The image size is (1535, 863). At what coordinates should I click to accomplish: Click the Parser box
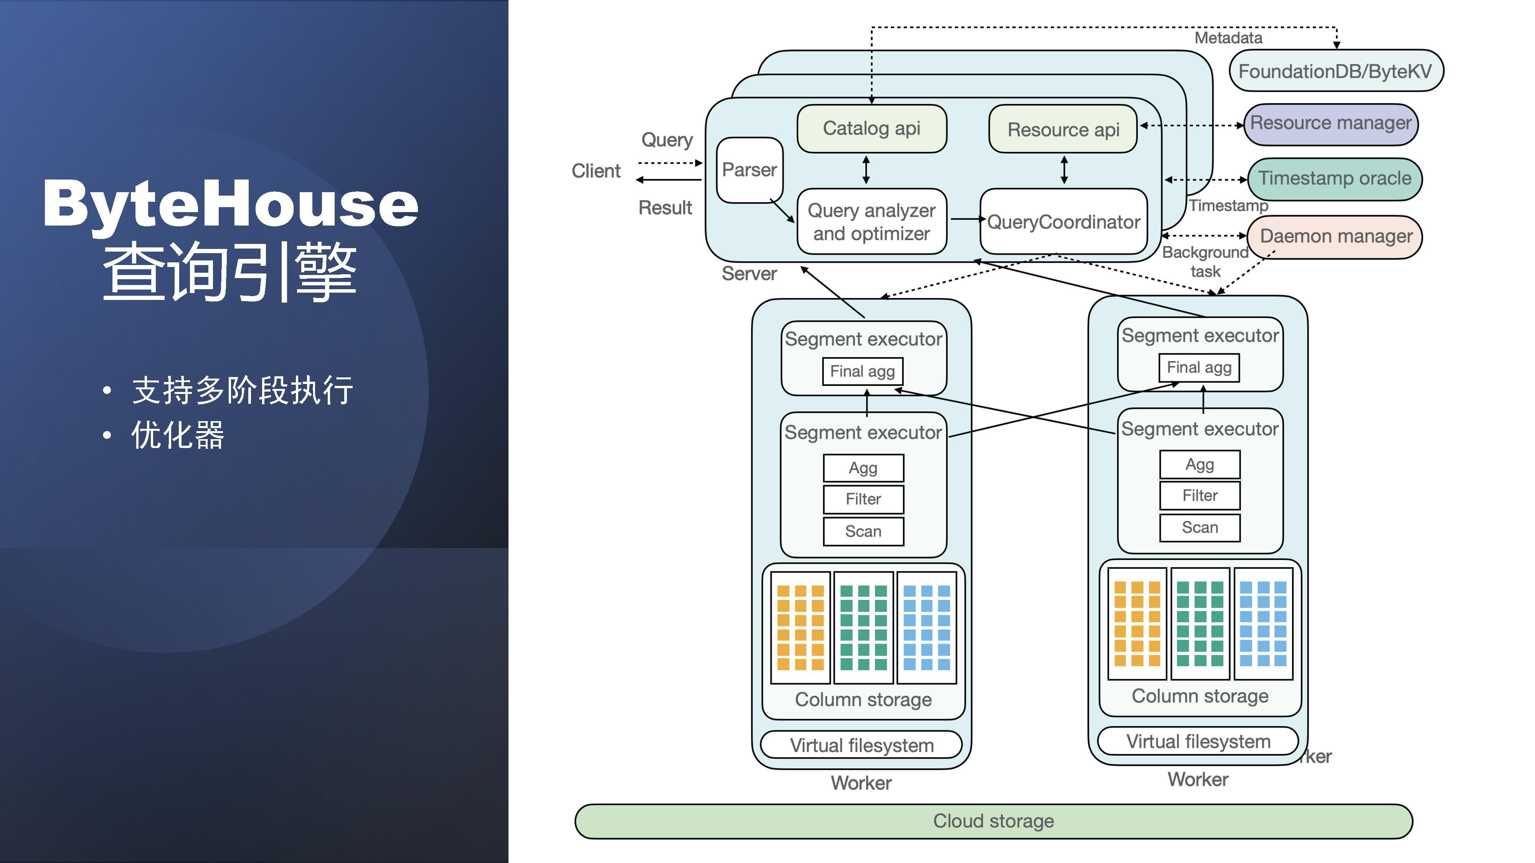(749, 170)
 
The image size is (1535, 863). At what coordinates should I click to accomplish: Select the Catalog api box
(871, 128)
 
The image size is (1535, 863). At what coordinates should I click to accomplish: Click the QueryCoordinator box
(1063, 222)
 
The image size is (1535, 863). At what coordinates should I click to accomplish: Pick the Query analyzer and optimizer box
(871, 222)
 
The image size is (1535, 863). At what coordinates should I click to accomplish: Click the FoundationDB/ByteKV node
(1335, 71)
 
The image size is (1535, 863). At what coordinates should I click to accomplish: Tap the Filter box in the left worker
(863, 499)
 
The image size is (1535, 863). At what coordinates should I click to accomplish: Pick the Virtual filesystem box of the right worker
(1198, 741)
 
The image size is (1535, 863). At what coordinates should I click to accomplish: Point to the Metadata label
(1228, 38)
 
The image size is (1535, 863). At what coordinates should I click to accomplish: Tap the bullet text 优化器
(178, 435)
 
